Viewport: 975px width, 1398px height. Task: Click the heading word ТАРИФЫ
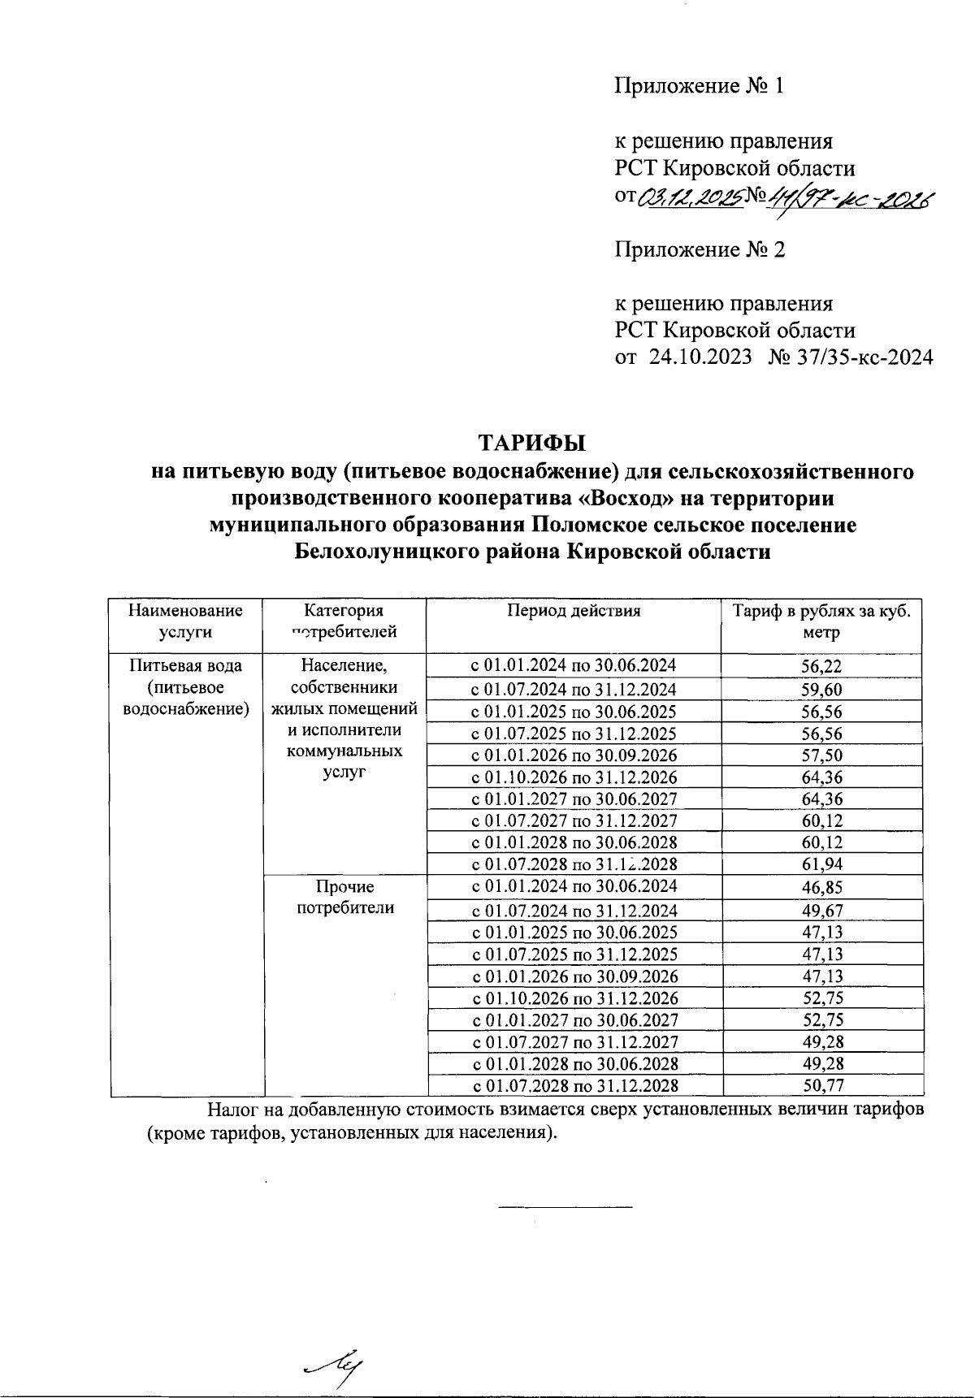pyautogui.click(x=531, y=444)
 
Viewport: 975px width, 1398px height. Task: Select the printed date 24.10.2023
pyautogui.click(x=700, y=357)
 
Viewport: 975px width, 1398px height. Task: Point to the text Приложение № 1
pyautogui.click(x=699, y=86)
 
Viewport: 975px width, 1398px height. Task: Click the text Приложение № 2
pyautogui.click(x=700, y=249)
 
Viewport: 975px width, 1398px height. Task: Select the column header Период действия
pyautogui.click(x=574, y=611)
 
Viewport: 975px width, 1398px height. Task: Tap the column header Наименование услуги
pyautogui.click(x=186, y=621)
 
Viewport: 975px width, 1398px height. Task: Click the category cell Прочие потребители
pyautogui.click(x=345, y=898)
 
